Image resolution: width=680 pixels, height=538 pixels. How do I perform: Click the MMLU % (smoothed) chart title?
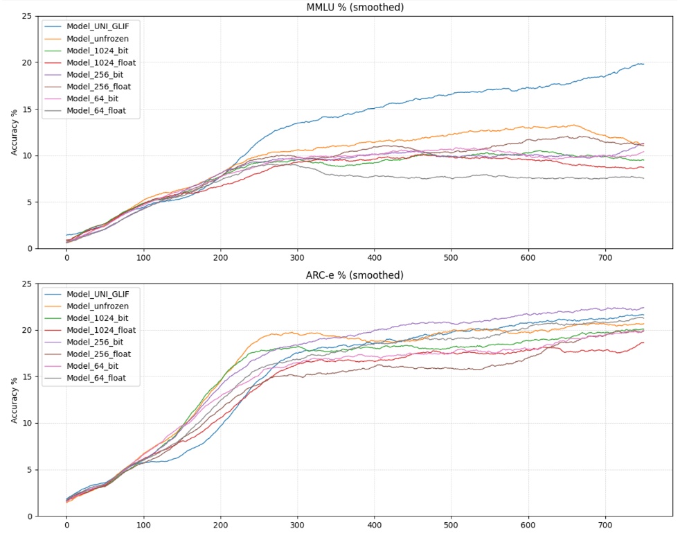pyautogui.click(x=355, y=8)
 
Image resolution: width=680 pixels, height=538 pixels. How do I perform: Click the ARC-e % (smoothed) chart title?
pyautogui.click(x=355, y=275)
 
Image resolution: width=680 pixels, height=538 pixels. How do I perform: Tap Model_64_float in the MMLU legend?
pyautogui.click(x=96, y=111)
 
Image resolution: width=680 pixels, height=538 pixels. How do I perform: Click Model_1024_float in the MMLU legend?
pyautogui.click(x=100, y=62)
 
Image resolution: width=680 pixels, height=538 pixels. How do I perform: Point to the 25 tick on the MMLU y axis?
pyautogui.click(x=27, y=16)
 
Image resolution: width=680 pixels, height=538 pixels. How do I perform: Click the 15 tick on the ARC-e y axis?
pyautogui.click(x=27, y=376)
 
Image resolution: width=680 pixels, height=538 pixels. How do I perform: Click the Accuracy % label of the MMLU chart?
pyautogui.click(x=15, y=132)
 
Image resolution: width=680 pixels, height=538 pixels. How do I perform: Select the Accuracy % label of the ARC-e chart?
pyautogui.click(x=15, y=400)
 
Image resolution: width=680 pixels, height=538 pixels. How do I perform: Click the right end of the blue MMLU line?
pyautogui.click(x=643, y=64)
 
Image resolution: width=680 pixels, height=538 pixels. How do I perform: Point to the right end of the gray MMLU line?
pyautogui.click(x=643, y=178)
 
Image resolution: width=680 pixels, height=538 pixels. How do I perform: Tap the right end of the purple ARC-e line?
pyautogui.click(x=643, y=308)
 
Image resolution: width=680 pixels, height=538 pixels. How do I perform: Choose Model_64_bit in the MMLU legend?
pyautogui.click(x=93, y=98)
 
